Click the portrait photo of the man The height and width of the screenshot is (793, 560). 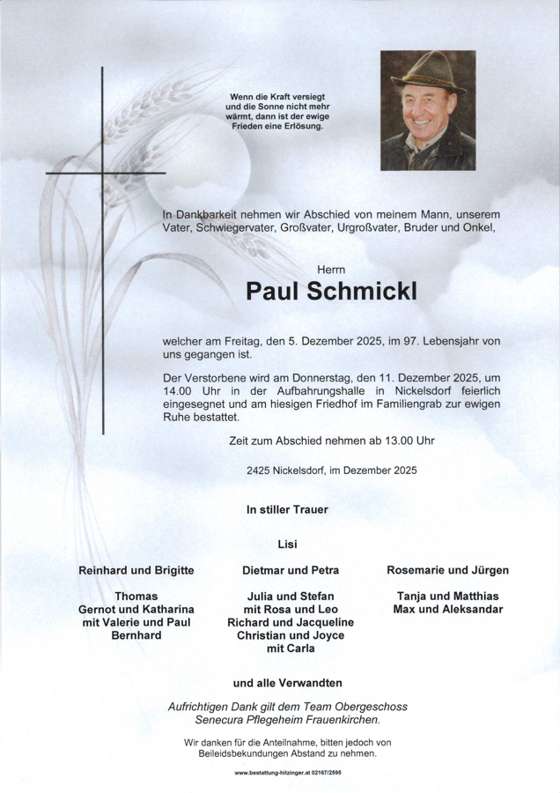pyautogui.click(x=426, y=110)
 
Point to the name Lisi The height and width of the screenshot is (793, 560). pyautogui.click(x=287, y=545)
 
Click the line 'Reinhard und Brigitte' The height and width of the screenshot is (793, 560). pyautogui.click(x=136, y=571)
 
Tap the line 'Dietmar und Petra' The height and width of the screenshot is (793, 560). pyautogui.click(x=290, y=571)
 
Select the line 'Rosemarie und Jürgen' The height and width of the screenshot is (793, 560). pyautogui.click(x=447, y=571)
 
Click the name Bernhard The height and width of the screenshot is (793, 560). pyautogui.click(x=136, y=635)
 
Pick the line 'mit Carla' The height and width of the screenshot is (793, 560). pyautogui.click(x=290, y=648)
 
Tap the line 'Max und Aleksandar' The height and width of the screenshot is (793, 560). pyautogui.click(x=447, y=610)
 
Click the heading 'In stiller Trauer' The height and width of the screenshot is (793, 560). pyautogui.click(x=288, y=509)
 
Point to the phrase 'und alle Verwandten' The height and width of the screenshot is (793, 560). pyautogui.click(x=287, y=683)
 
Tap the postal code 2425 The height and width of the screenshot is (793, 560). pyautogui.click(x=261, y=471)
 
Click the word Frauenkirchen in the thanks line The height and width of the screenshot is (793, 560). pyautogui.click(x=370, y=722)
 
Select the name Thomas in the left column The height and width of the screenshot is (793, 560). pyautogui.click(x=136, y=597)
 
